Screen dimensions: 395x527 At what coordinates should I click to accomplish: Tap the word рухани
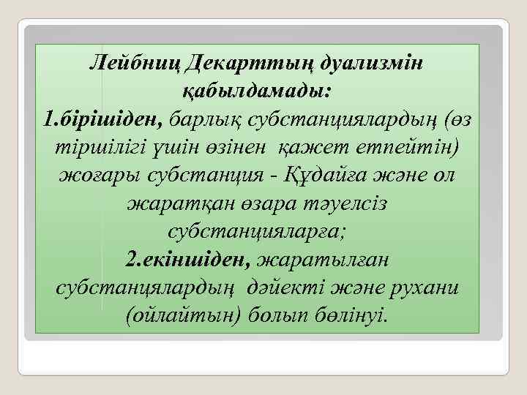pos(427,287)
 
